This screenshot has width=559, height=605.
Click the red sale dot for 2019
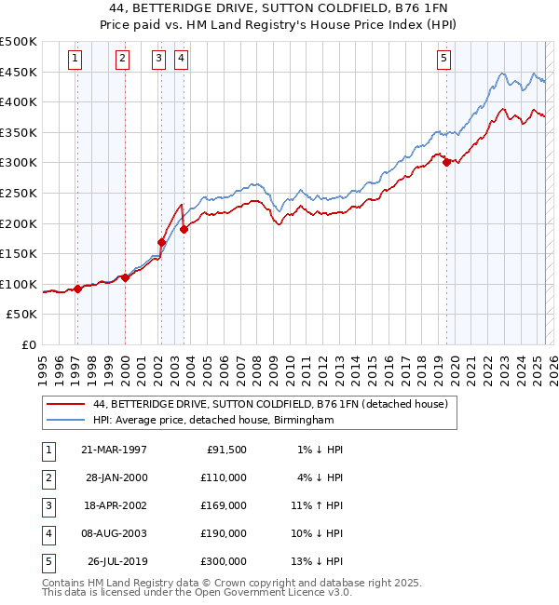(x=447, y=162)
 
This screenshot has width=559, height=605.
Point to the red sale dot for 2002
(x=162, y=242)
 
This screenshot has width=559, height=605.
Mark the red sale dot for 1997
(x=78, y=289)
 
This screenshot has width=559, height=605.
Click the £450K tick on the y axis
(x=19, y=72)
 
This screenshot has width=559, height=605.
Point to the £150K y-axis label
(x=19, y=253)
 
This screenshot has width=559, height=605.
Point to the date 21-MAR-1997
(x=114, y=450)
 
